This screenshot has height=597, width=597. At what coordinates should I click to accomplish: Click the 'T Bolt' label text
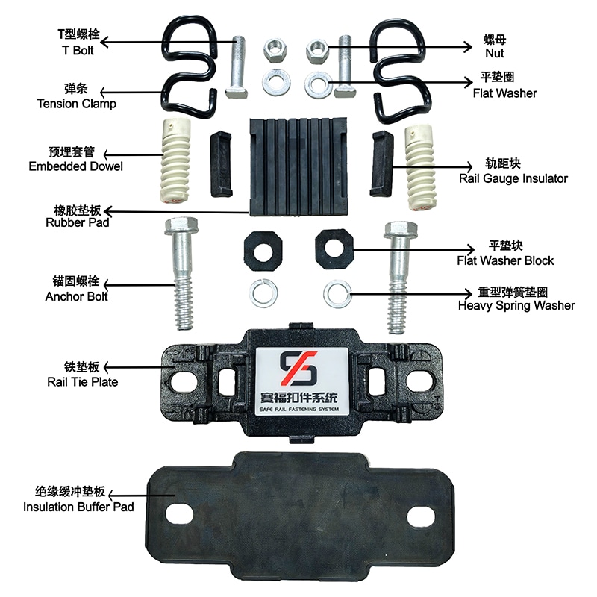[78, 50]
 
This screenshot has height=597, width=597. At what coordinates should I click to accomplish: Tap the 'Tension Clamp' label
[77, 104]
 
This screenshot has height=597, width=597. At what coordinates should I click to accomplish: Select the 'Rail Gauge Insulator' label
[513, 178]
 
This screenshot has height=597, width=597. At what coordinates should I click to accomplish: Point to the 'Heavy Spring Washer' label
[516, 305]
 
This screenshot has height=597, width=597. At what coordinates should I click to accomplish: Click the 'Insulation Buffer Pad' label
[78, 507]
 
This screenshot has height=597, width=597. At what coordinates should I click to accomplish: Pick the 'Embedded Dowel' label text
[76, 166]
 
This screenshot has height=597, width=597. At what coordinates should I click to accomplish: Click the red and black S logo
[298, 368]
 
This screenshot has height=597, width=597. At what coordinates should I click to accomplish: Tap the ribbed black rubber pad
[298, 166]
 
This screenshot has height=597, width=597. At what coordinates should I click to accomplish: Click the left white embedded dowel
[175, 160]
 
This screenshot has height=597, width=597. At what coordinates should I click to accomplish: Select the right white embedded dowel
[419, 166]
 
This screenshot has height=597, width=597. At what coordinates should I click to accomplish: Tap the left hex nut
[275, 51]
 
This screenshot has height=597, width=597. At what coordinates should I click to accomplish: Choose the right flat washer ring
[316, 84]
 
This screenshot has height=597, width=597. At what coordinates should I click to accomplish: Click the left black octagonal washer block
[263, 251]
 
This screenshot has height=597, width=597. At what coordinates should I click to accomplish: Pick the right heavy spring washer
[337, 293]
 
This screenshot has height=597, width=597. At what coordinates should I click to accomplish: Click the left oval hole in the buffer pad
[179, 514]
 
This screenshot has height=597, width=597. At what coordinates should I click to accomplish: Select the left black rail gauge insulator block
[221, 163]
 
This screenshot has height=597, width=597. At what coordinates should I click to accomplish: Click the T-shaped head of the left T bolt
[236, 93]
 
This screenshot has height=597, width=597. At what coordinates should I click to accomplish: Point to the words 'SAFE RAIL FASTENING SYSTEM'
[299, 409]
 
